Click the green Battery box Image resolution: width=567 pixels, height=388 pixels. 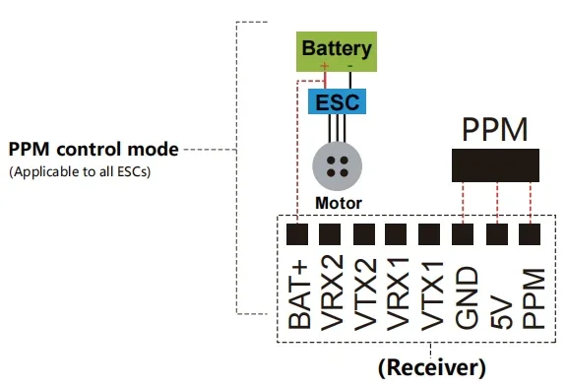pos(337,52)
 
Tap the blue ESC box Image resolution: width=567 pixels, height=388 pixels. pos(337,101)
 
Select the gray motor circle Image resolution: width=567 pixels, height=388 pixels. pos(338,166)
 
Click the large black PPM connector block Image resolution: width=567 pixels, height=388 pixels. pos(495,165)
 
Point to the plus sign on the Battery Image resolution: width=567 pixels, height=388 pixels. pos(325,66)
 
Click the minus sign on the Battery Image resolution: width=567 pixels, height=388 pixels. pos(349,66)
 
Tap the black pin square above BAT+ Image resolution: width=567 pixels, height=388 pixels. pos(297,234)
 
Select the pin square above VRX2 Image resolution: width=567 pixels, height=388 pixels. pos(330,234)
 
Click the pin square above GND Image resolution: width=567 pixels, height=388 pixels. pos(463,234)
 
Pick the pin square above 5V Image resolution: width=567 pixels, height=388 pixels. pos(497,234)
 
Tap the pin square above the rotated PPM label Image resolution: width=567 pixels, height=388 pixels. pos(530,234)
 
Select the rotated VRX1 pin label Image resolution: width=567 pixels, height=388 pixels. pos(398,294)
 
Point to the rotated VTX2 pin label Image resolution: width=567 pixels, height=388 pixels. pos(365,294)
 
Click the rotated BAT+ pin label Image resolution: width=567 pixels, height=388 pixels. pos(299,295)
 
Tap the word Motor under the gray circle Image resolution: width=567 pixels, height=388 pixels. pos(339,203)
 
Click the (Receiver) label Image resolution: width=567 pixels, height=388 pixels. pos(432,367)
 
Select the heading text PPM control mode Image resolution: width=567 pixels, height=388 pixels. pos(94,150)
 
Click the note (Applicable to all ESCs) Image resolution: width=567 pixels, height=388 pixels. pos(80,171)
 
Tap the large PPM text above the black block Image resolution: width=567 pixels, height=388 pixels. pos(495,129)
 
